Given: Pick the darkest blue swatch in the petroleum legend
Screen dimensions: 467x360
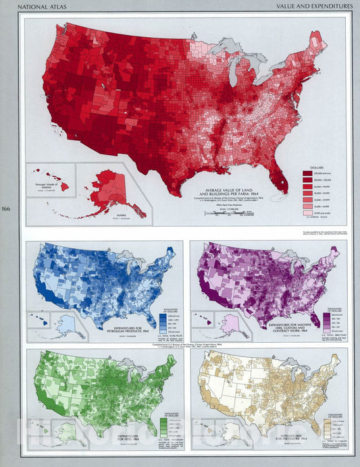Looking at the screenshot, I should click(x=163, y=315).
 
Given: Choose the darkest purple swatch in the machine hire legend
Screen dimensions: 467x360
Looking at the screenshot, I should click(x=328, y=315).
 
